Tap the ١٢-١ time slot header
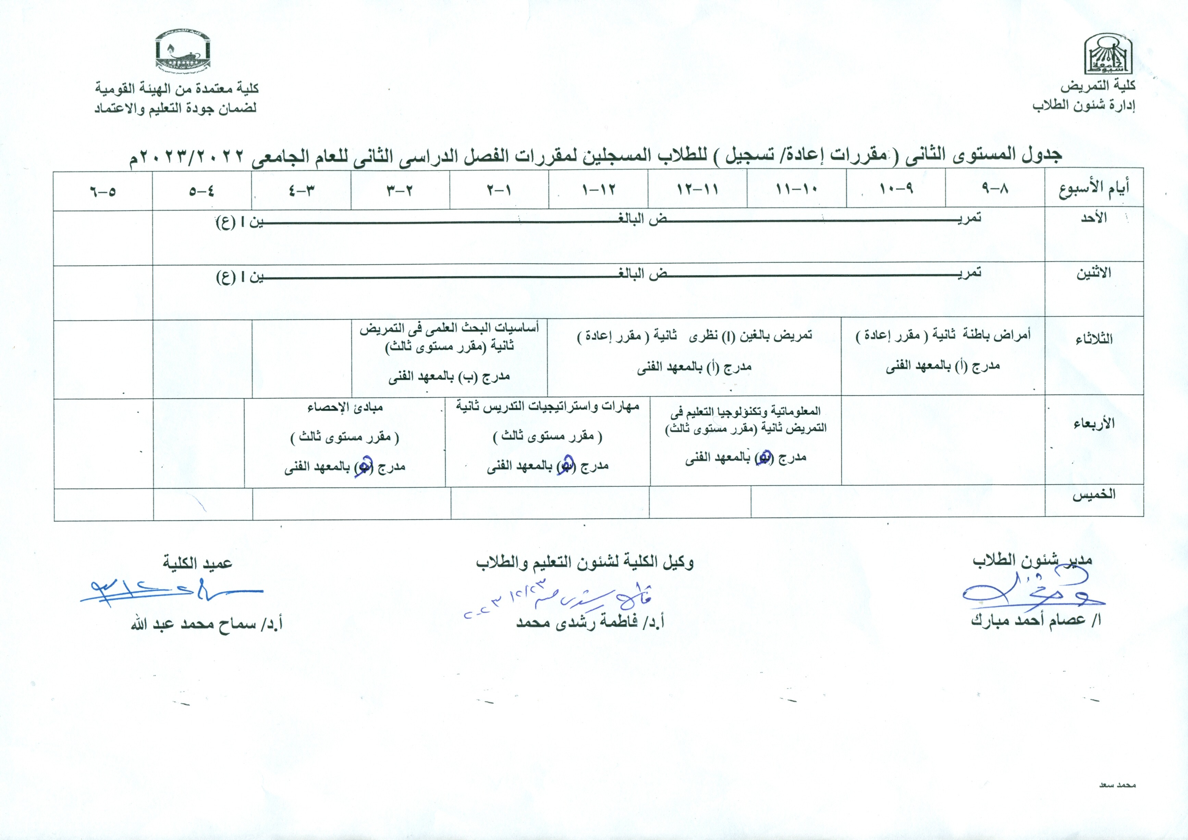tap(599, 189)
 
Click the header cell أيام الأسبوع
tap(1093, 189)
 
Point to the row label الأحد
tap(1093, 218)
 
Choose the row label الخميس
tap(1093, 494)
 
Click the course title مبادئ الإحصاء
tap(345, 408)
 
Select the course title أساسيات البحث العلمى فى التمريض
tap(449, 328)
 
